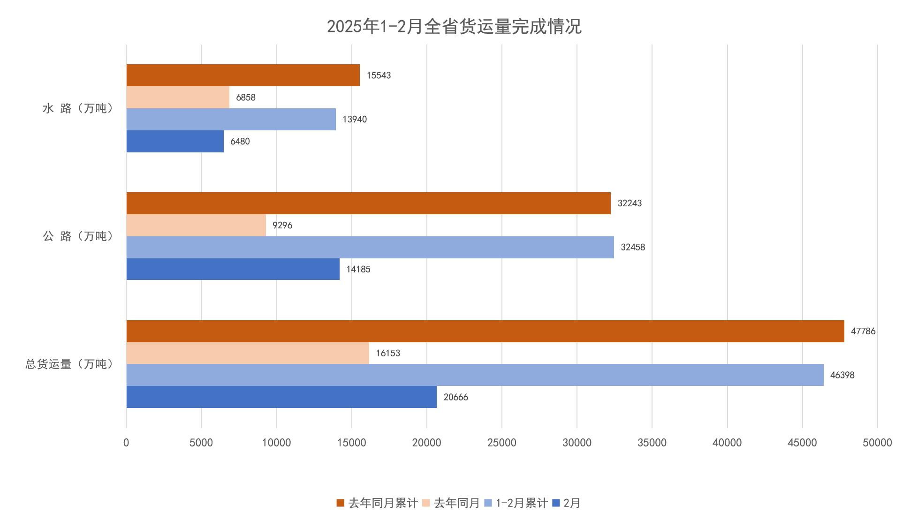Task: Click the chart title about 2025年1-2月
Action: click(x=454, y=26)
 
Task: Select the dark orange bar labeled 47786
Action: click(x=485, y=331)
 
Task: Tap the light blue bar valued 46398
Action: click(x=475, y=375)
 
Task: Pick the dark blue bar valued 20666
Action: click(x=281, y=397)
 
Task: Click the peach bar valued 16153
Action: click(x=248, y=353)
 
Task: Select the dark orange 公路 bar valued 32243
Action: click(x=368, y=203)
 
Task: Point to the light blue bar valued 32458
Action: click(x=370, y=247)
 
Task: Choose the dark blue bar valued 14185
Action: click(x=233, y=269)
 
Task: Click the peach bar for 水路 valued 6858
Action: click(x=178, y=97)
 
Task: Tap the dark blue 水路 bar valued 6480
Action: click(x=175, y=141)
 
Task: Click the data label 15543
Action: click(x=379, y=75)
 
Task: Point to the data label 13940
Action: click(x=355, y=119)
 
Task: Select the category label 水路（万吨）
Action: click(x=78, y=108)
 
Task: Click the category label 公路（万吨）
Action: click(x=78, y=236)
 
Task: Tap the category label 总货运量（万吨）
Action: click(x=69, y=364)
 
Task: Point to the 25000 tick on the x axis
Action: click(x=501, y=443)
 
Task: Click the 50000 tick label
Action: click(x=877, y=443)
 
